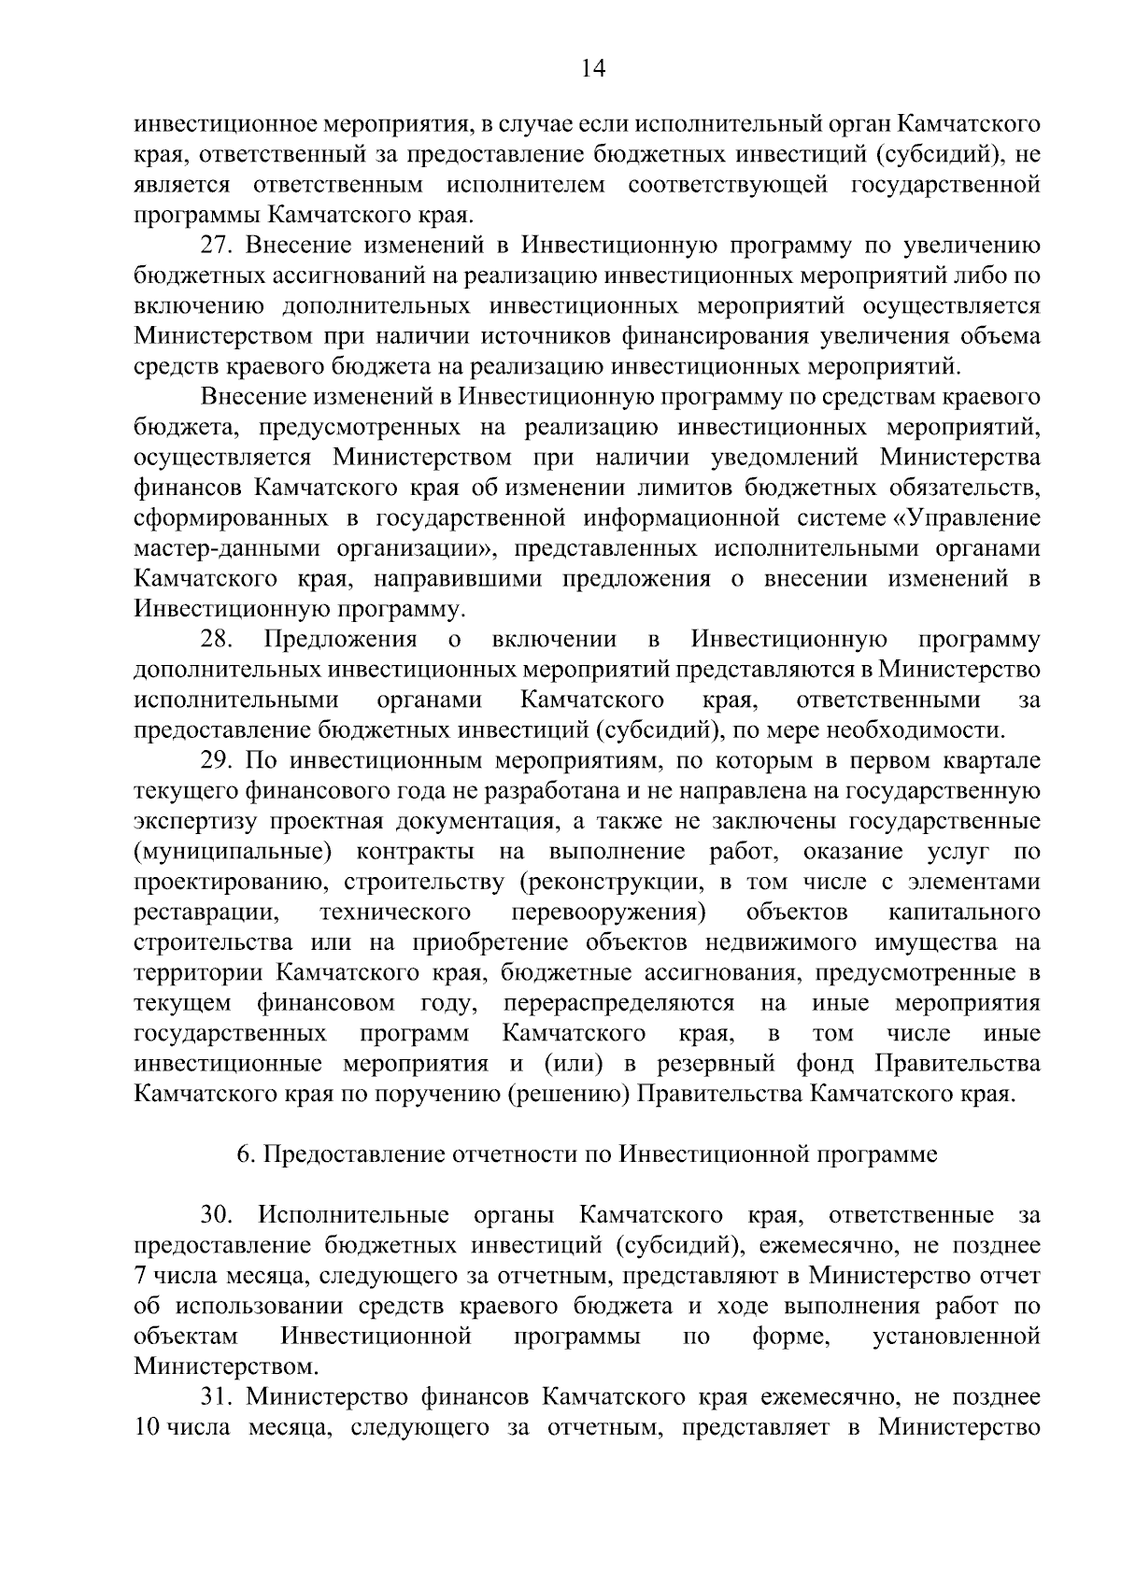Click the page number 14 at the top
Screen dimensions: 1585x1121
593,69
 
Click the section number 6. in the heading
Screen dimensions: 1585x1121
246,1155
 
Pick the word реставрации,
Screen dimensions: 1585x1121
206,913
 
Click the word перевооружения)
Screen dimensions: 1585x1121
607,913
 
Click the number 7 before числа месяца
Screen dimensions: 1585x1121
140,1277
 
